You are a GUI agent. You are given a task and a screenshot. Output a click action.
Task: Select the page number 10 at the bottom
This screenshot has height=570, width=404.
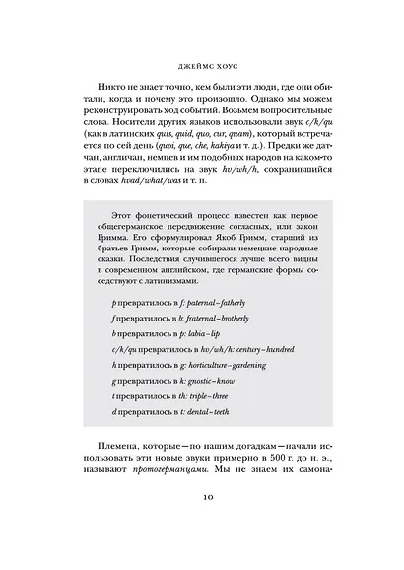click(202, 526)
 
